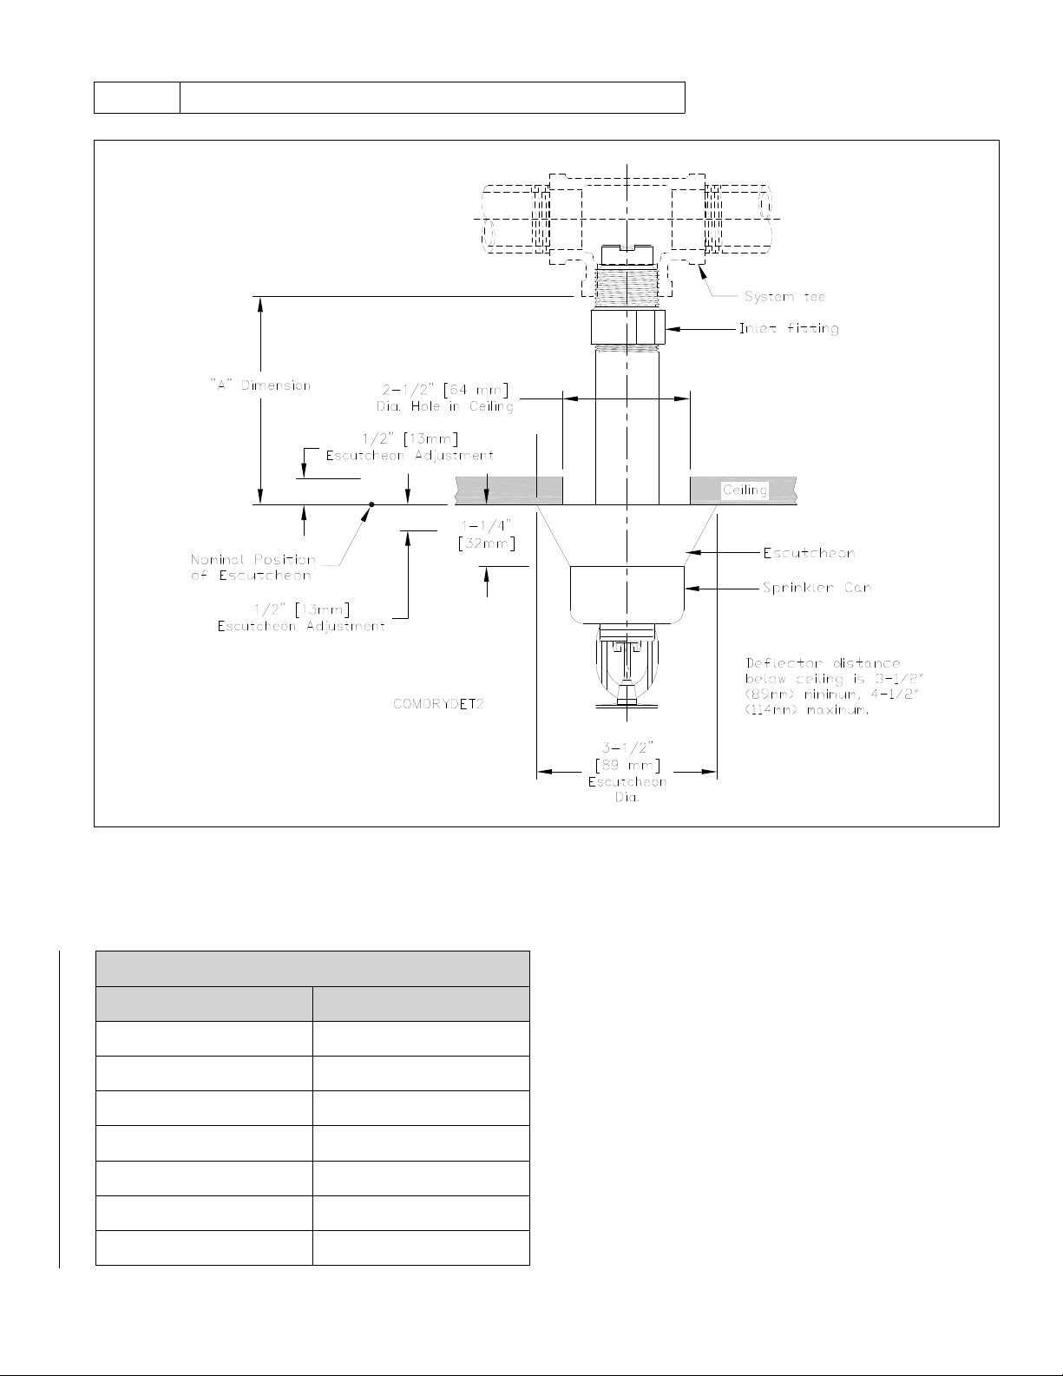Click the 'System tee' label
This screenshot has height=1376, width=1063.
[x=784, y=296]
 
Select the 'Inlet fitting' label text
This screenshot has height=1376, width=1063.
[x=789, y=328]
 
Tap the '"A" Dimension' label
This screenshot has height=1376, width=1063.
[x=260, y=385]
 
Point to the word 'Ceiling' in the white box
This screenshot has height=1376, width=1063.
[x=745, y=490]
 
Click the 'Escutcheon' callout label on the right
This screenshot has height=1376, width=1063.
[x=810, y=553]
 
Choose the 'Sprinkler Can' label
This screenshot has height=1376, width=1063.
[x=817, y=588]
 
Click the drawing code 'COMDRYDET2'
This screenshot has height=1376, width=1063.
[x=438, y=704]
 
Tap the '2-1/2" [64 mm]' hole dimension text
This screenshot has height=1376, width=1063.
[x=445, y=390]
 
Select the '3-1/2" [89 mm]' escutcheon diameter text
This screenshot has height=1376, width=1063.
[x=627, y=757]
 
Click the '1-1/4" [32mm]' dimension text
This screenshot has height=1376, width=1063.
[x=487, y=535]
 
